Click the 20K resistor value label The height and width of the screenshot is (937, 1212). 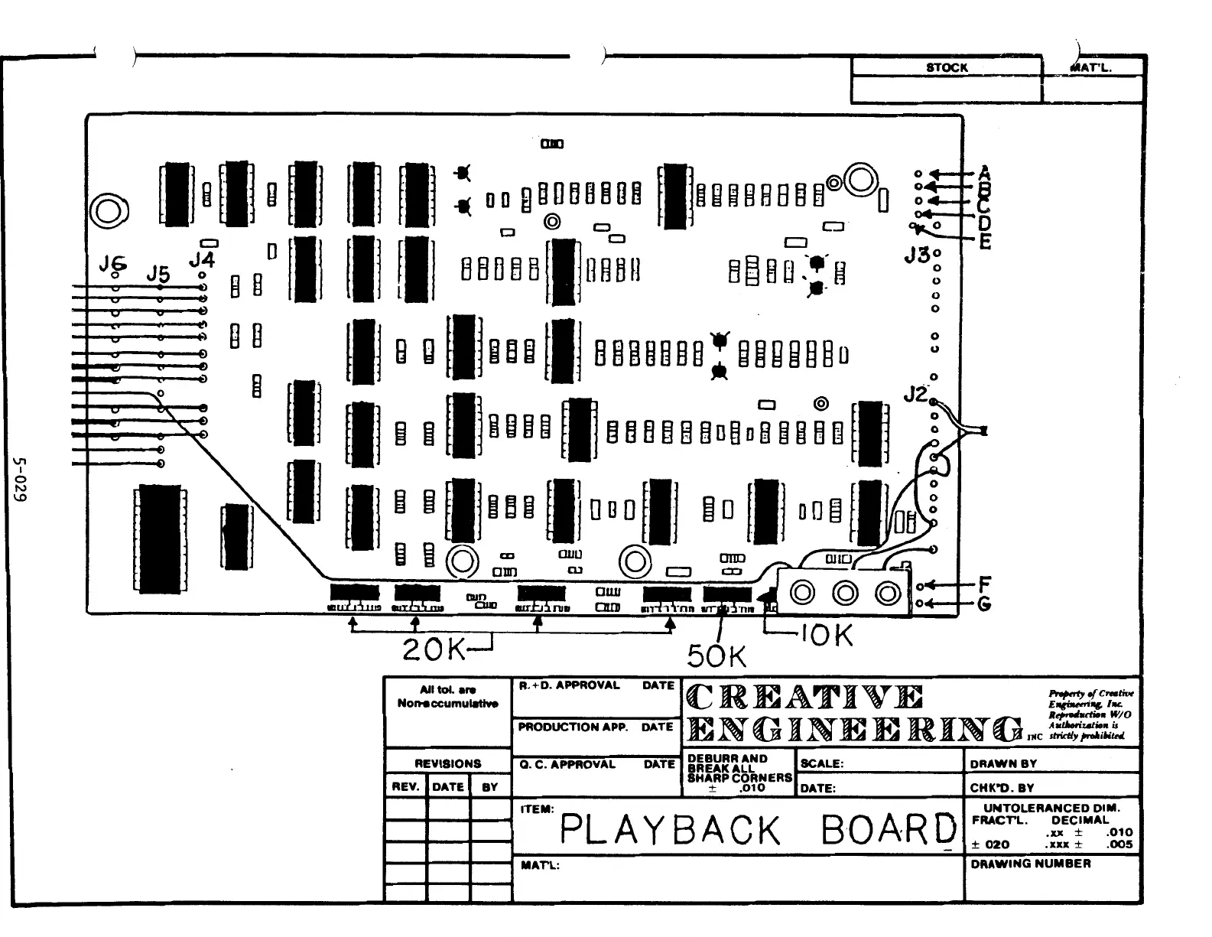click(434, 650)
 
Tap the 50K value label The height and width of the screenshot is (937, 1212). click(716, 656)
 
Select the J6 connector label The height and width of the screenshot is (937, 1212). click(112, 264)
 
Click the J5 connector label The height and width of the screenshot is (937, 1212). click(158, 274)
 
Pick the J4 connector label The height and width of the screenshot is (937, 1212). click(202, 260)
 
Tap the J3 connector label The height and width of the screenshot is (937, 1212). click(916, 255)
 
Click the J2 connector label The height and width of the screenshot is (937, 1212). click(915, 395)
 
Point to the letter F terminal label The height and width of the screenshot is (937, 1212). click(985, 585)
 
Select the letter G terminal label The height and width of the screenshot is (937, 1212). click(985, 604)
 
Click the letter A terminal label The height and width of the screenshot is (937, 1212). click(985, 173)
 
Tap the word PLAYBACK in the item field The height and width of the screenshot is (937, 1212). click(671, 830)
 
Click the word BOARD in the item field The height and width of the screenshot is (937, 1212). click(889, 830)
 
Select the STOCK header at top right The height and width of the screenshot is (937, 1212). click(947, 67)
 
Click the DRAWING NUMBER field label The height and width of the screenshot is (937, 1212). click(1030, 864)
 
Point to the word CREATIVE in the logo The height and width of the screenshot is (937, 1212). click(804, 698)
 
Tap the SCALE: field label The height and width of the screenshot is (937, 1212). click(821, 763)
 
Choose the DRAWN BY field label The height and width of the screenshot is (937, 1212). click(1003, 763)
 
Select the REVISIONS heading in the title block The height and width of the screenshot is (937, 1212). click(448, 763)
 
